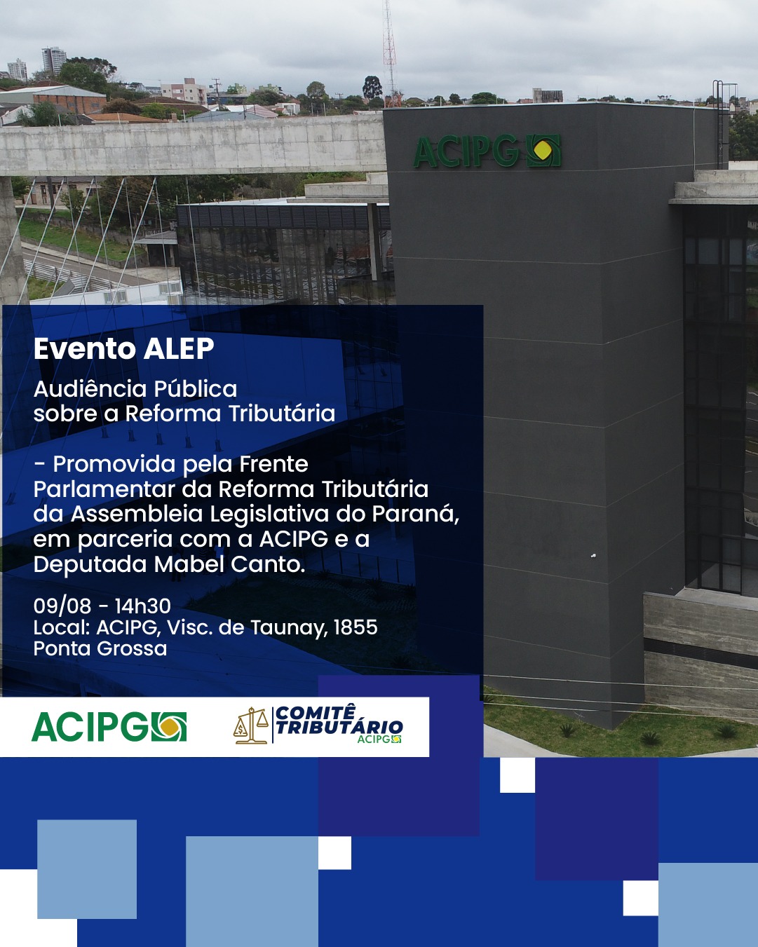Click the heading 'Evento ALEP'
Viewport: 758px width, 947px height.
point(123,349)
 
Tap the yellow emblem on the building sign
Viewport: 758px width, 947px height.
point(544,151)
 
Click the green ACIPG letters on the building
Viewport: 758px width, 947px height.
point(466,152)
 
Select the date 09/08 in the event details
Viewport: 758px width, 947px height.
point(62,606)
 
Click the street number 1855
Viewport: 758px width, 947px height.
point(356,627)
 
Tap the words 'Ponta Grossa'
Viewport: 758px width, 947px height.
point(100,648)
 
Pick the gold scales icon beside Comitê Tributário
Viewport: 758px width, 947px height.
point(250,725)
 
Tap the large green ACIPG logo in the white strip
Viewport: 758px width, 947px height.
point(109,726)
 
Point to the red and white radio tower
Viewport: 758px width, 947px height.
point(390,52)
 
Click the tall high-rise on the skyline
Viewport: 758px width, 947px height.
point(54,61)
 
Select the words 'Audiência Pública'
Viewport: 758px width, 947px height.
point(135,389)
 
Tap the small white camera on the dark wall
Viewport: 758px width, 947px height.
point(593,555)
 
